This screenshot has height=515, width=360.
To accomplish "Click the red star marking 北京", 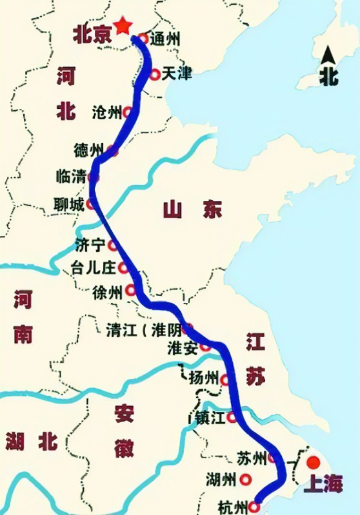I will click(x=123, y=25).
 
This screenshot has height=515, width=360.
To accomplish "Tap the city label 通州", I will click(x=165, y=39).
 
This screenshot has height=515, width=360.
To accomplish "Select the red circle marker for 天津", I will click(x=155, y=75).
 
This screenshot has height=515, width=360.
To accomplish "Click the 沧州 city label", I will click(x=106, y=113).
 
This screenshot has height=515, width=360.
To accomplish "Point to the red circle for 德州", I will click(x=113, y=151).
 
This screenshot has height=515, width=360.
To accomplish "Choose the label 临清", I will click(x=72, y=176).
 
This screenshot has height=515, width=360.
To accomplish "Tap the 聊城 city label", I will click(x=69, y=205).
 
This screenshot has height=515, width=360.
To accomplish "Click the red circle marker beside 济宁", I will click(x=113, y=245).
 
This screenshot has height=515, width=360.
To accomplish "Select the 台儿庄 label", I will click(x=94, y=267).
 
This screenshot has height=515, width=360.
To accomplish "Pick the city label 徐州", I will click(x=107, y=292).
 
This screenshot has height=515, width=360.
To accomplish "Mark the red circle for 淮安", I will click(x=205, y=347).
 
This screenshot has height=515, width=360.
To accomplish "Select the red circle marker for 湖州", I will click(x=245, y=480).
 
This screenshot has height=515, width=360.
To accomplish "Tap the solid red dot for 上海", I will click(x=314, y=463).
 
